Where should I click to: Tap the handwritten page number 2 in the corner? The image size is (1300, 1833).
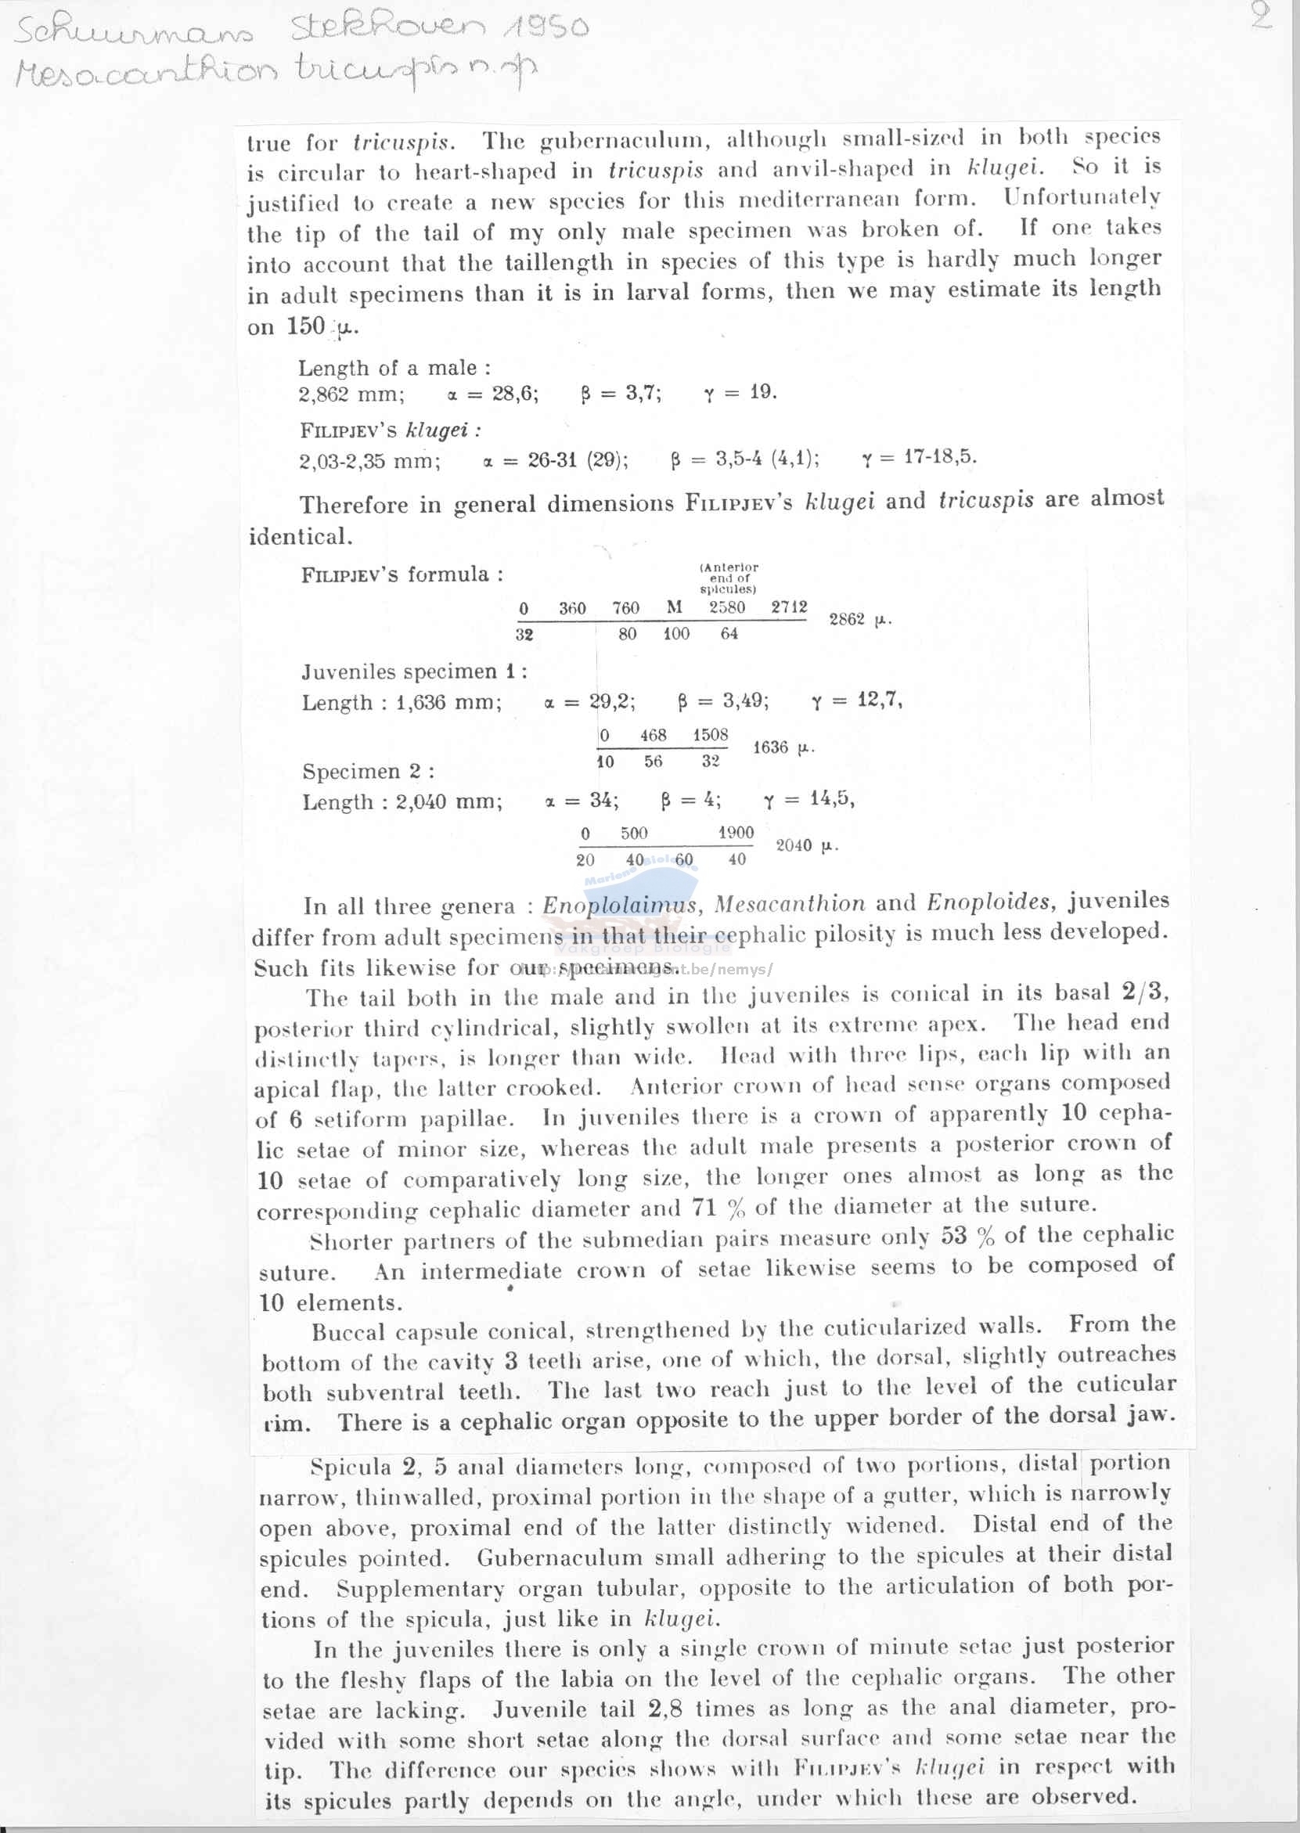pyautogui.click(x=1262, y=16)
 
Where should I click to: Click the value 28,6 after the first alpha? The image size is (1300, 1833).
pyautogui.click(x=515, y=393)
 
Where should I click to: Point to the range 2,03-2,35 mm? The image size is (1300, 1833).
pyautogui.click(x=369, y=461)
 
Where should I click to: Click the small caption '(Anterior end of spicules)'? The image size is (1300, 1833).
pyautogui.click(x=729, y=577)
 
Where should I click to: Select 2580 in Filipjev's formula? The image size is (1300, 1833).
pyautogui.click(x=727, y=607)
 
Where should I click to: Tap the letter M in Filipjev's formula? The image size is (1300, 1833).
pyautogui.click(x=674, y=607)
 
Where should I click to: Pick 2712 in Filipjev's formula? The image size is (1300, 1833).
pyautogui.click(x=789, y=607)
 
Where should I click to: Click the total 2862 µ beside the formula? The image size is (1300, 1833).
pyautogui.click(x=859, y=619)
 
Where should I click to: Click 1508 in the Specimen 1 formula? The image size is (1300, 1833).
pyautogui.click(x=710, y=735)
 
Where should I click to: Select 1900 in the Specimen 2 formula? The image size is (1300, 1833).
pyautogui.click(x=736, y=833)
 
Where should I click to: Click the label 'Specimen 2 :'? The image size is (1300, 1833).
pyautogui.click(x=368, y=771)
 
